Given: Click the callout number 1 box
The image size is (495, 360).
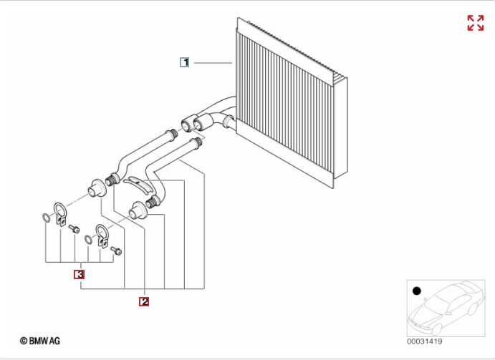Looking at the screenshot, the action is [184, 62].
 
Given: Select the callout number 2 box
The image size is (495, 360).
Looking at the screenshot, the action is [144, 301].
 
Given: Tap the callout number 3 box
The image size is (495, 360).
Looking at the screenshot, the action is [80, 275].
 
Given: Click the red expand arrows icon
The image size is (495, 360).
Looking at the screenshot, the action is [476, 23].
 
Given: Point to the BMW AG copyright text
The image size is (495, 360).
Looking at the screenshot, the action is [40, 341].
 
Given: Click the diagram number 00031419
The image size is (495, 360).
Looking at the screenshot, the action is [424, 341].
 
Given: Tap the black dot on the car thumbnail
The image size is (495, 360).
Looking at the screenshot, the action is [417, 291].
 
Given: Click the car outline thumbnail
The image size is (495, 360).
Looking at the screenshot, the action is [446, 308].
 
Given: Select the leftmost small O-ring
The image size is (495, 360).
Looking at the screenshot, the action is [46, 218].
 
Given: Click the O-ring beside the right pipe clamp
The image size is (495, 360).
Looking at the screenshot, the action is [89, 240].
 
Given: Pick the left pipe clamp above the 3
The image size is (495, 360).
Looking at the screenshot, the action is [59, 213].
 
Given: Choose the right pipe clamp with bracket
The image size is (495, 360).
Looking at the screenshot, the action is [102, 234].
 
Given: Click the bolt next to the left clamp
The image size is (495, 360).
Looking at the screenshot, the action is [75, 229].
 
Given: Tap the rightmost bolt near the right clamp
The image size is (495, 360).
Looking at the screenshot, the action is [116, 251].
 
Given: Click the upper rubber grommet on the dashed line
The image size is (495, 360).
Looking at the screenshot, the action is [97, 188].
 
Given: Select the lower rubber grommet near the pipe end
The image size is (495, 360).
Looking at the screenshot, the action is [138, 210].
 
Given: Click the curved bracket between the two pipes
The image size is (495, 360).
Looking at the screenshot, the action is [139, 186].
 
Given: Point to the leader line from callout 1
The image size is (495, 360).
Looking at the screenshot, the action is [213, 63].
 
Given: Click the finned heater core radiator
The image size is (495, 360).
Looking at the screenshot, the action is [292, 102].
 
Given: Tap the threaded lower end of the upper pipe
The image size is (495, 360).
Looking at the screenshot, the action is [112, 180].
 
